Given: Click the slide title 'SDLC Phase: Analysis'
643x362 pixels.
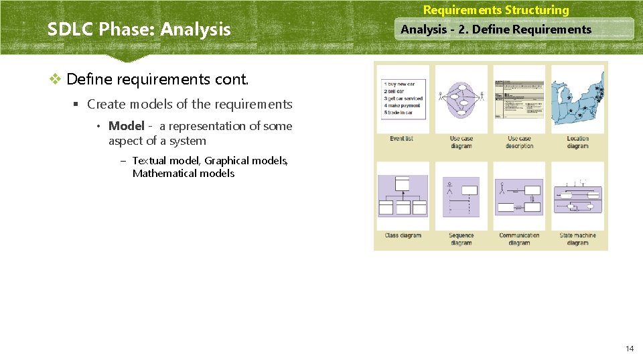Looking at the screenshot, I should tap(139, 29).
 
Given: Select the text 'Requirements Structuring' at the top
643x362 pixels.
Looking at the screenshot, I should tap(496, 10).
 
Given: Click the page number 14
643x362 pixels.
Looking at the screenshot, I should tap(629, 349).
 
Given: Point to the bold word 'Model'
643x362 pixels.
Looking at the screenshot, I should tap(126, 126).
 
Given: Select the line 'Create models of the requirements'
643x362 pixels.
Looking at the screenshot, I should tap(190, 104).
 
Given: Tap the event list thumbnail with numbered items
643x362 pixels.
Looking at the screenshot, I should tap(402, 99).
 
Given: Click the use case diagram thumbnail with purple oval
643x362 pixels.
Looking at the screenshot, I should tap(461, 99).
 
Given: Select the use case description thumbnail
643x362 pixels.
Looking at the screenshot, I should tap(519, 99).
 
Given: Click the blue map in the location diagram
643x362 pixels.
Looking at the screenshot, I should tap(577, 99).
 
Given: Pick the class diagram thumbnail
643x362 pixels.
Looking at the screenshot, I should tap(403, 196).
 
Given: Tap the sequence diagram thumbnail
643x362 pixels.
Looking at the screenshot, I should tap(461, 196).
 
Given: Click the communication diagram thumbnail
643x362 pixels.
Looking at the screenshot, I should tap(519, 196).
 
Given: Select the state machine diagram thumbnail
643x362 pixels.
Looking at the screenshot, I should tap(577, 196).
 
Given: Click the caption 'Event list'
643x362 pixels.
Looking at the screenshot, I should tap(402, 139).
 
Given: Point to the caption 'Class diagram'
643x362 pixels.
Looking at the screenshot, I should tap(403, 235).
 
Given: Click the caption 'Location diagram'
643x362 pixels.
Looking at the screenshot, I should tap(577, 142).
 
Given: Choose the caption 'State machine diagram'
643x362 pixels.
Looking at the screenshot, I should tap(577, 239).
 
